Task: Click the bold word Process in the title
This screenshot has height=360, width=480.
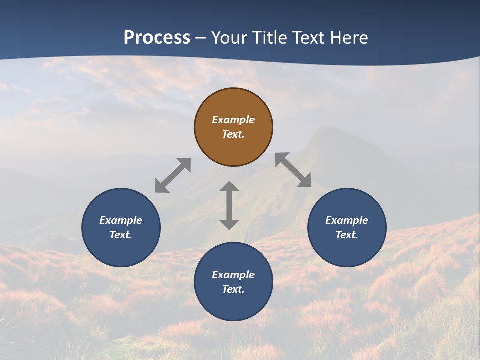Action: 157,38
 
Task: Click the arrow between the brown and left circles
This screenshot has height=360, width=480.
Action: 173,175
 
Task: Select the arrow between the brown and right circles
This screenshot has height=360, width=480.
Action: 293,170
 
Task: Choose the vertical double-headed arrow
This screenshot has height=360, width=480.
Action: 229,205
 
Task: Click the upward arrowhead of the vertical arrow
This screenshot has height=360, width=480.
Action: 229,187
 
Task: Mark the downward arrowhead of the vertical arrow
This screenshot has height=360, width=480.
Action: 229,224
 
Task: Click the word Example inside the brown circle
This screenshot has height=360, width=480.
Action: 233,120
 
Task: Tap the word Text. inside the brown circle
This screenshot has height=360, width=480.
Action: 233,134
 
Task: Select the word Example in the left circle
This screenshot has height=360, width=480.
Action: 121,220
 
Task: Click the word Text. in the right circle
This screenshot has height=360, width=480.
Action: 347,235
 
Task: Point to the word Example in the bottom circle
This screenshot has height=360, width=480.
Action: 233,275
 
